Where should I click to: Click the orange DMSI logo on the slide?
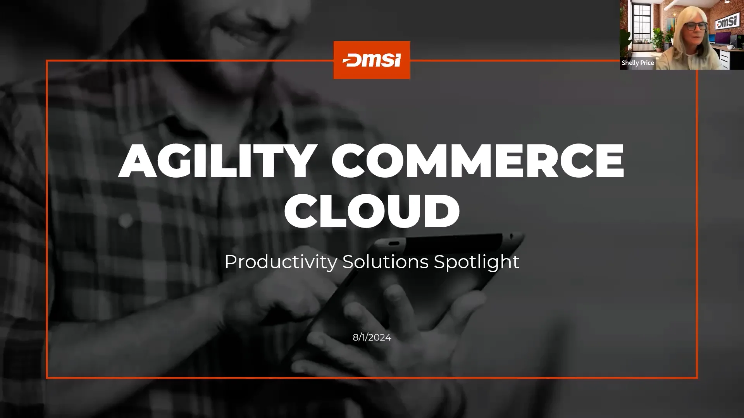(x=372, y=60)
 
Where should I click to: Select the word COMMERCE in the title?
(x=477, y=161)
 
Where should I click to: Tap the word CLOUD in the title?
(x=372, y=211)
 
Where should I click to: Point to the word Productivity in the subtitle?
(x=281, y=262)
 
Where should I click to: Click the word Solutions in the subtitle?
(x=385, y=262)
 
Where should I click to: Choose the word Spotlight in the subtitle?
(x=476, y=262)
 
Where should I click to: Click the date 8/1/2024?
(x=372, y=337)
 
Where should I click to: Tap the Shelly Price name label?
(x=637, y=63)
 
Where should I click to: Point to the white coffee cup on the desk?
(x=730, y=47)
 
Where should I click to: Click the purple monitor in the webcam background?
(x=723, y=38)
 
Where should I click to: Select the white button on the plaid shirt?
(x=125, y=221)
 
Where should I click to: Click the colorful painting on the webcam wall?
(x=671, y=24)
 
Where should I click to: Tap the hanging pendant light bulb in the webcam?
(x=675, y=15)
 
